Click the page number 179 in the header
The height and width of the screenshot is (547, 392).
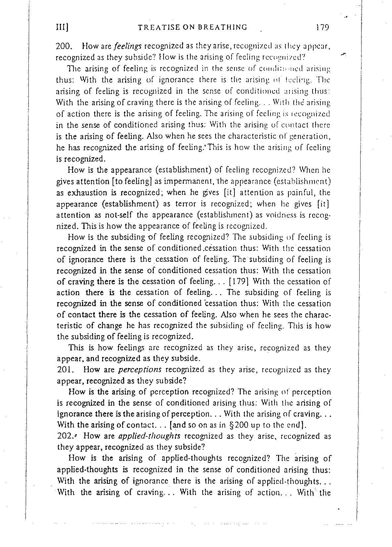coord(322,27)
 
